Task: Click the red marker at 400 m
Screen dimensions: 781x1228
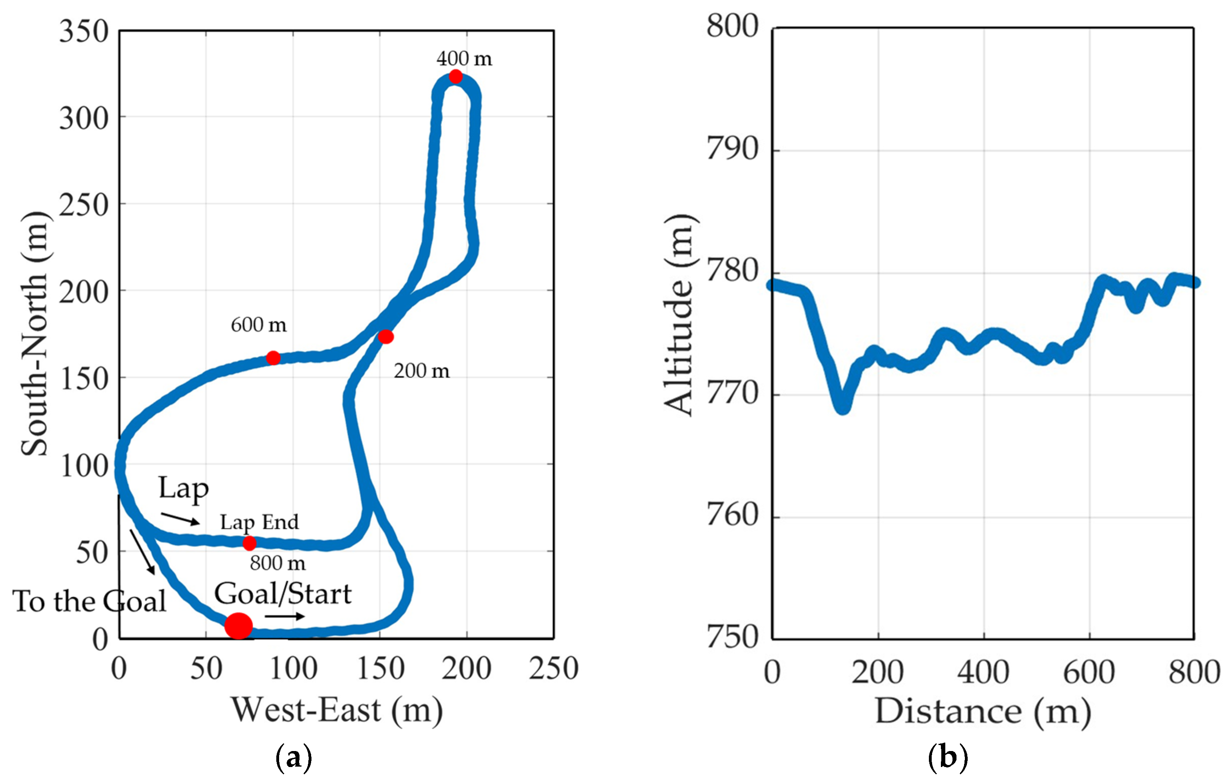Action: [x=455, y=76]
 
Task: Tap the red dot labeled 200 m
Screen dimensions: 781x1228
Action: [x=385, y=337]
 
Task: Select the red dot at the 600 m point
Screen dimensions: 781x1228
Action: [x=274, y=358]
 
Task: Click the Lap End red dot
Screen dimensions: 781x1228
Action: [x=249, y=543]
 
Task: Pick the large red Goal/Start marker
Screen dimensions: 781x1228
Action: [x=239, y=626]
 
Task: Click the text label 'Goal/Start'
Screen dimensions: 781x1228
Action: [x=283, y=594]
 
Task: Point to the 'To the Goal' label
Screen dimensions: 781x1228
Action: [x=89, y=602]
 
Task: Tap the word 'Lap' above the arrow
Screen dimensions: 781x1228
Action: [x=184, y=488]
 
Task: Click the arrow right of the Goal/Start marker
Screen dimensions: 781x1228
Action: [x=285, y=617]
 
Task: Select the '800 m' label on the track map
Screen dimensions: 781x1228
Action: [x=278, y=563]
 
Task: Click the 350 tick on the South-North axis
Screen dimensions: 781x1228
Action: [x=84, y=32]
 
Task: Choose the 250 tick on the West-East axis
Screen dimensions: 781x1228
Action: [x=553, y=668]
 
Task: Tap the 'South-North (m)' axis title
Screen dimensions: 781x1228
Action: [x=35, y=334]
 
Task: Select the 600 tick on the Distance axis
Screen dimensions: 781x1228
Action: [x=1089, y=672]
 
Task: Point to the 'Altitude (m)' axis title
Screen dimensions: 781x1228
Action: [x=679, y=315]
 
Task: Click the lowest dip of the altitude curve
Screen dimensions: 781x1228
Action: [x=843, y=407]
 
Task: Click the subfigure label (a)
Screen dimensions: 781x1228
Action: [x=293, y=757]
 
